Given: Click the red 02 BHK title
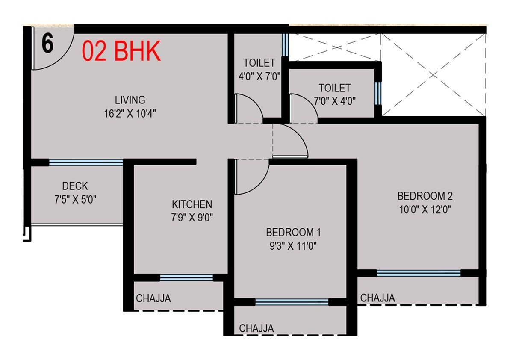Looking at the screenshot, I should click(121, 52).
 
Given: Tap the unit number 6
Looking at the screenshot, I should click(47, 43).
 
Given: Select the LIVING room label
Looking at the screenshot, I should click(130, 100).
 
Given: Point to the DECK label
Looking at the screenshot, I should click(75, 186).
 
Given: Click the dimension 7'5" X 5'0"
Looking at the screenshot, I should click(75, 200).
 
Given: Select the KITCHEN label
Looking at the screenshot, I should click(192, 204).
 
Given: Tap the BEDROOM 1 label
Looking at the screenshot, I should click(293, 233).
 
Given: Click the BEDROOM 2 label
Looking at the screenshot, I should click(425, 196).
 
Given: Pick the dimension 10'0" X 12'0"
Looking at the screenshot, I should click(425, 210).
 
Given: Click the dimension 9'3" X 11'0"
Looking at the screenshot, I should click(293, 246).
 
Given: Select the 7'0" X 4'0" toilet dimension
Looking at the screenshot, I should click(334, 101).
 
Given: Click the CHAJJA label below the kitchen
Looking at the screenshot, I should click(153, 298).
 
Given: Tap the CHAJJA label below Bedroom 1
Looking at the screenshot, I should click(256, 328).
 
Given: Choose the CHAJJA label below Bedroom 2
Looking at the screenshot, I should click(377, 298).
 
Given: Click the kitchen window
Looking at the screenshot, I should click(186, 277).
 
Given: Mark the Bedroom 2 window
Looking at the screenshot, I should click(419, 273).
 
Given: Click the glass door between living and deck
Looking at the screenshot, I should click(86, 162).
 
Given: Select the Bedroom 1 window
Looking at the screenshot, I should click(292, 302).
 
